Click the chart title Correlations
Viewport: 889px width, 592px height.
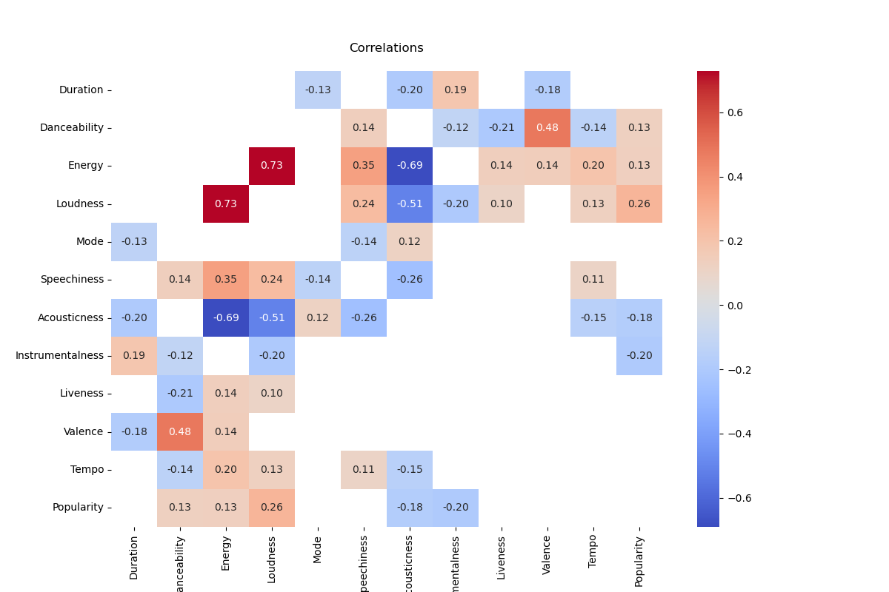pos(386,48)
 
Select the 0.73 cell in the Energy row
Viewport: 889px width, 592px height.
pos(272,166)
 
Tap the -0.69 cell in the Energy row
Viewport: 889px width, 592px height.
pos(410,166)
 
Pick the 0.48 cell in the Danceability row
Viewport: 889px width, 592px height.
pos(547,127)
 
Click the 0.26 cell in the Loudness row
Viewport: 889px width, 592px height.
pos(639,203)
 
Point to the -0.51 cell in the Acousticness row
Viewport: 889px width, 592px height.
pos(272,317)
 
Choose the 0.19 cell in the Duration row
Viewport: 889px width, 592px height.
pos(456,90)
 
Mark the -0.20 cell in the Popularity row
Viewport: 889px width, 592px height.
pos(456,507)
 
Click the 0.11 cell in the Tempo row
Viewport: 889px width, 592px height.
pos(364,469)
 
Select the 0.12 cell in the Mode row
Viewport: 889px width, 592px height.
pos(410,241)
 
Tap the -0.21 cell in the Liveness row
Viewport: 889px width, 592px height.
pos(180,393)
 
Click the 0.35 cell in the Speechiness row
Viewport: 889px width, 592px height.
pos(226,280)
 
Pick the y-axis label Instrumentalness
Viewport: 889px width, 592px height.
pos(59,355)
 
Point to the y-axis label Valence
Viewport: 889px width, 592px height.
pos(83,431)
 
